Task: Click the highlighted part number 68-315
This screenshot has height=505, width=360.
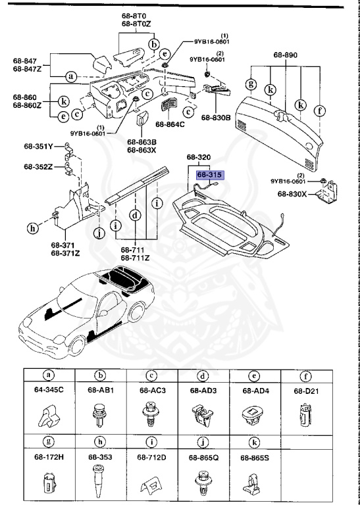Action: [209, 175]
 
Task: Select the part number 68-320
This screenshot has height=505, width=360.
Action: [198, 158]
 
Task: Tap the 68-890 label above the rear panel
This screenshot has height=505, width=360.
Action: [286, 55]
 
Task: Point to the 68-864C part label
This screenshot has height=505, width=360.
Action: [170, 124]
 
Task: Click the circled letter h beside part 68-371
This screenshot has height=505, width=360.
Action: [32, 228]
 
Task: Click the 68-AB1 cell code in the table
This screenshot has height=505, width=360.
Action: [100, 391]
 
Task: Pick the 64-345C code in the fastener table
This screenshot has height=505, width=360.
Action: [49, 391]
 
